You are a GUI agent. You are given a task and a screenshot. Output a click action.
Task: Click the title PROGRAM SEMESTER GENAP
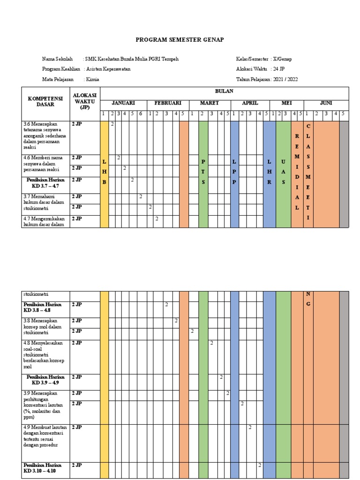point(180,40)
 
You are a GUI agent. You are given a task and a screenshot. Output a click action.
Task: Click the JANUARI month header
point(123,103)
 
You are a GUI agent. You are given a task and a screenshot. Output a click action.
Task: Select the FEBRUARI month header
point(161,103)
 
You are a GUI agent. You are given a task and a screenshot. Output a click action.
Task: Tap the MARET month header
point(210,103)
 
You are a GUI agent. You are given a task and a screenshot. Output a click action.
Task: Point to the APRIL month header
point(250,103)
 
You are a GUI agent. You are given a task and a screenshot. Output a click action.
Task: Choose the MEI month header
point(286,103)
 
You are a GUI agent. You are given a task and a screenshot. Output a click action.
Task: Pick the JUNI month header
point(326,103)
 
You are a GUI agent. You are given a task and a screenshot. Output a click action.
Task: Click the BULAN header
point(224,91)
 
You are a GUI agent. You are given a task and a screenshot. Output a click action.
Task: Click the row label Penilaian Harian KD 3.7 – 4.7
point(45,183)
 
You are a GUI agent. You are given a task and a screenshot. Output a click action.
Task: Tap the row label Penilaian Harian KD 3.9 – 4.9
point(45,380)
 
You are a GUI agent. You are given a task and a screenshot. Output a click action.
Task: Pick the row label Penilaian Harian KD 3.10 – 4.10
point(45,468)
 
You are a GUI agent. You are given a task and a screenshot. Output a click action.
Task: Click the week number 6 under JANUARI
point(140,113)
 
